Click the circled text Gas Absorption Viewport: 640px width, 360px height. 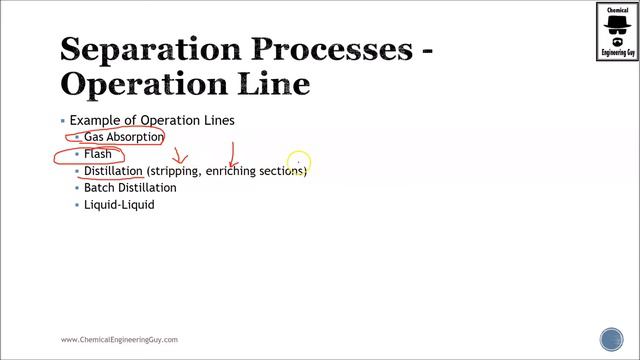click(123, 137)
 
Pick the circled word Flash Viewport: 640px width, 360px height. click(98, 154)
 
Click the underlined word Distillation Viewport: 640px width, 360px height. click(113, 171)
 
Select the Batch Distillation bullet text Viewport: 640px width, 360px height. click(130, 188)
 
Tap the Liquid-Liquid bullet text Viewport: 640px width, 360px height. click(119, 205)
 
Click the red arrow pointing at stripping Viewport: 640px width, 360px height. click(181, 157)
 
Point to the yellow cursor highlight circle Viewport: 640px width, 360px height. click(298, 160)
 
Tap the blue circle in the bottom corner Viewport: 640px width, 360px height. click(611, 339)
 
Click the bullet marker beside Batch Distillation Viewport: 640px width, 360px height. click(76, 188)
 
